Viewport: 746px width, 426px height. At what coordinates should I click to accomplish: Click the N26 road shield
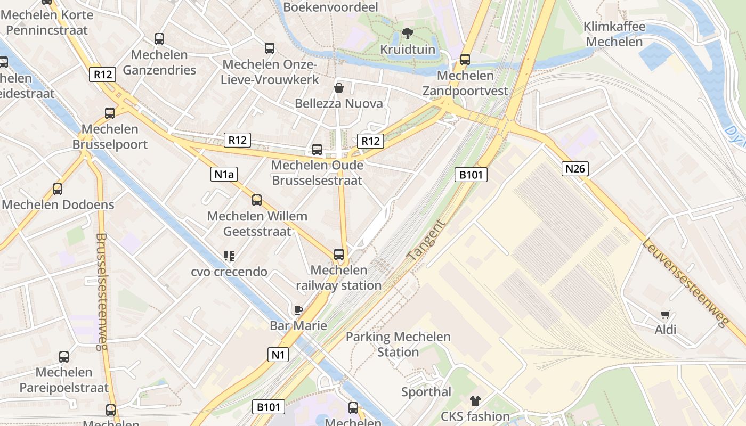[575, 169]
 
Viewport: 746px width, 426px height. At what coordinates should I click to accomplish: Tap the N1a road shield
[224, 174]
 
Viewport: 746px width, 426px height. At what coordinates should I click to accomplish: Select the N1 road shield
[278, 355]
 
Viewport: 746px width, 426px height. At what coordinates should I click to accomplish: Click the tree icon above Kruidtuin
[408, 34]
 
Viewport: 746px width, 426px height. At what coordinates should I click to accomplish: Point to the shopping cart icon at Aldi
[665, 315]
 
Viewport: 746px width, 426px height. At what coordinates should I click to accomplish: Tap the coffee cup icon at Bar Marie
[298, 310]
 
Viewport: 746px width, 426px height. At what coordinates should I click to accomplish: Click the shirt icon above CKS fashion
[475, 401]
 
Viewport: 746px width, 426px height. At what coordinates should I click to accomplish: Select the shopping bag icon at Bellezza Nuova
[338, 88]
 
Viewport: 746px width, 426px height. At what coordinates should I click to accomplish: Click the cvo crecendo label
[229, 272]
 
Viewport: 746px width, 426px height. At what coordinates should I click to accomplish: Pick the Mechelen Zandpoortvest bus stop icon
[465, 60]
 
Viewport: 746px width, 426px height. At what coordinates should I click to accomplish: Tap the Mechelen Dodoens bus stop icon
[58, 189]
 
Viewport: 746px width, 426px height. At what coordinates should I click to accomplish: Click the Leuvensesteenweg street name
[685, 283]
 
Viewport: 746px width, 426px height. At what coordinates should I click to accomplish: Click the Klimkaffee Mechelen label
[614, 34]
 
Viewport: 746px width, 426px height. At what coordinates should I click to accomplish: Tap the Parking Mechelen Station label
[398, 344]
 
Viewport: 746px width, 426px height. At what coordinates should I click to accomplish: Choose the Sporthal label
[426, 392]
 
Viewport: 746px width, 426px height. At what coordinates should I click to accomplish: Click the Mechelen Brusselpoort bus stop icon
[110, 113]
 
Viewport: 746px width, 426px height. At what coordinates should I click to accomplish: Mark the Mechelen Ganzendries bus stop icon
[159, 39]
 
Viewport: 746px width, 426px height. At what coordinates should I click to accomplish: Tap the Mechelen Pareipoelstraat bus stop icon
[64, 357]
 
